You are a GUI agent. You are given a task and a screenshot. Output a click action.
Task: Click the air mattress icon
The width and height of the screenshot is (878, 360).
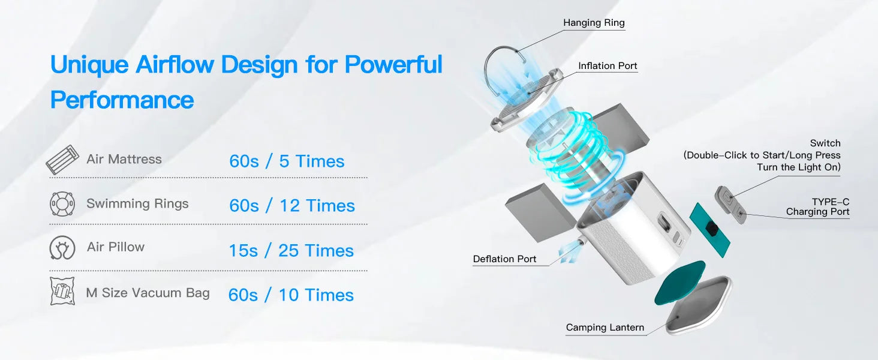(62, 160)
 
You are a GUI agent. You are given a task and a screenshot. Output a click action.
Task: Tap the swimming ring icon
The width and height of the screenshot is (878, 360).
(62, 204)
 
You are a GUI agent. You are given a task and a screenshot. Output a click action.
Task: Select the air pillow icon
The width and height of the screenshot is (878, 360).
(62, 248)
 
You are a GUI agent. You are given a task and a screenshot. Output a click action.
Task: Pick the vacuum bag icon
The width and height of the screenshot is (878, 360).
(62, 292)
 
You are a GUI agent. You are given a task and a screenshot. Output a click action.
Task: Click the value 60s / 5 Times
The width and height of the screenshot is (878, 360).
(287, 161)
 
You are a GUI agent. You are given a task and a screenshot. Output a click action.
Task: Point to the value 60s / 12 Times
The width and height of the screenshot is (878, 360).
(291, 206)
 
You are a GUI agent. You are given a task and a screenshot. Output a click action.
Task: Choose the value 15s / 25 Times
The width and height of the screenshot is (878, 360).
(291, 251)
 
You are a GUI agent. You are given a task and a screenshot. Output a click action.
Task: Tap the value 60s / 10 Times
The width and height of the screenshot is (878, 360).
(291, 295)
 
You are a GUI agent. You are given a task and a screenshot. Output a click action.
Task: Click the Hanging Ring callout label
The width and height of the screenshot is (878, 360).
(594, 23)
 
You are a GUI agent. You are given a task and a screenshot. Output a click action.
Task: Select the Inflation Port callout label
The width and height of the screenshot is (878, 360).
(608, 66)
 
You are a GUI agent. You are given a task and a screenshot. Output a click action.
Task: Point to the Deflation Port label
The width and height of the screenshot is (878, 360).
(504, 259)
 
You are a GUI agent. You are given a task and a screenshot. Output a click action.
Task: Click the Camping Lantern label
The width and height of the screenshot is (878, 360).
(605, 328)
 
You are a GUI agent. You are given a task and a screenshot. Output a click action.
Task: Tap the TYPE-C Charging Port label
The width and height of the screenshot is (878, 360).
(818, 207)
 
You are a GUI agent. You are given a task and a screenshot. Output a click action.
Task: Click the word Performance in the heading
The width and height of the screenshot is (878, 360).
(122, 100)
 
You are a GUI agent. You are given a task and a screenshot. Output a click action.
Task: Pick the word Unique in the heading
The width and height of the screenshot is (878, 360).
(89, 64)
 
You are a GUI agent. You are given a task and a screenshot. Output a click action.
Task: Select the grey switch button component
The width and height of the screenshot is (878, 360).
(729, 203)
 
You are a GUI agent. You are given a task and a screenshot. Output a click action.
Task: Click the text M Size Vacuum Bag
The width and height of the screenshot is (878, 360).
(148, 293)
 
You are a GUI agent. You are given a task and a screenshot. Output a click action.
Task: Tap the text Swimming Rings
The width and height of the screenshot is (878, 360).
(137, 203)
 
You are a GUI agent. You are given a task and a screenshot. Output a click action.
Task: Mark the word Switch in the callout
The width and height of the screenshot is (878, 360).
(825, 143)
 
